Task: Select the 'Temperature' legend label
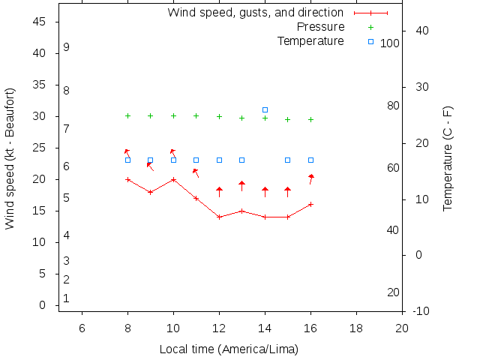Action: [x=310, y=40]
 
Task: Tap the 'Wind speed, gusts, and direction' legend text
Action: [x=255, y=13]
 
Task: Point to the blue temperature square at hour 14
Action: [x=265, y=110]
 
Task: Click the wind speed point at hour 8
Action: [x=127, y=179]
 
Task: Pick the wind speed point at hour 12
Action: [x=219, y=217]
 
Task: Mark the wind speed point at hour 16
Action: [x=310, y=204]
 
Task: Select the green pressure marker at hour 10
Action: [x=173, y=115]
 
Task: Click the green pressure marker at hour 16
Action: [x=310, y=119]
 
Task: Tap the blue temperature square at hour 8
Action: [x=127, y=160]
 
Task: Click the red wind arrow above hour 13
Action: [x=241, y=186]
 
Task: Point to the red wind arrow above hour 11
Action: [x=196, y=173]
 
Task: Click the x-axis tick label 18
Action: [x=356, y=327]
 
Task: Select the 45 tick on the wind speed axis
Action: [x=40, y=22]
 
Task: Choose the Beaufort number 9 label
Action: [x=67, y=46]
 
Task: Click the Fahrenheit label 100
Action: [x=390, y=43]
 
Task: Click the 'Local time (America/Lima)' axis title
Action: [x=229, y=349]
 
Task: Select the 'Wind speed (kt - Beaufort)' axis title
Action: [x=10, y=158]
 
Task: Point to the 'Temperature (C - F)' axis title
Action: [x=448, y=158]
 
